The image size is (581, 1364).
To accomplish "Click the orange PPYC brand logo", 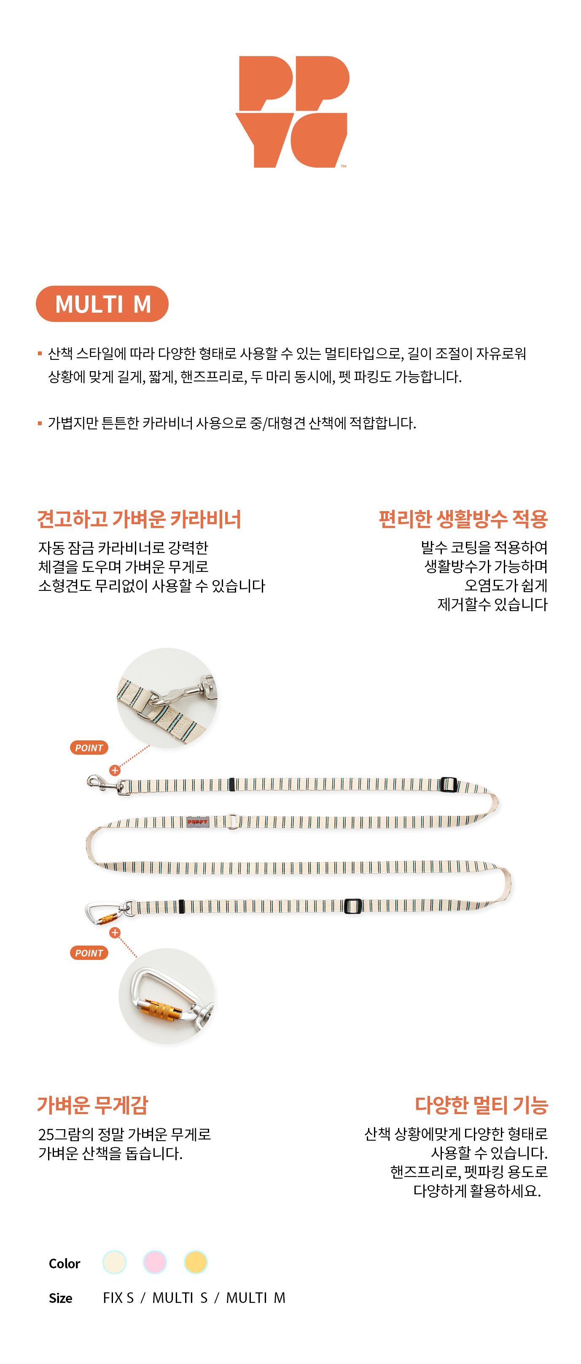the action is [x=292, y=112].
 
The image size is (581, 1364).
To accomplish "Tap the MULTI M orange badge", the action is [x=102, y=304].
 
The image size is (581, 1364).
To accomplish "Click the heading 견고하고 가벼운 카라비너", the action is [x=139, y=519].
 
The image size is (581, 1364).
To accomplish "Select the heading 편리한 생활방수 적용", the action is [x=463, y=519].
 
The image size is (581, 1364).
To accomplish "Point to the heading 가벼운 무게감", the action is [x=93, y=1105].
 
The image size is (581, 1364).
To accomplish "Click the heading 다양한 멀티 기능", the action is [x=481, y=1105].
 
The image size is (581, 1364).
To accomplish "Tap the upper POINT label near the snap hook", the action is [x=89, y=748].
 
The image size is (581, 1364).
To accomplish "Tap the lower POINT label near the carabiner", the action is [x=89, y=953].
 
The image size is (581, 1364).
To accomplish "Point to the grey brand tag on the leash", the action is [x=198, y=822].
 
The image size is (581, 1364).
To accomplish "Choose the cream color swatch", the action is [x=114, y=1262].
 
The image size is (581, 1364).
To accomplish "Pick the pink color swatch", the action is [x=155, y=1262].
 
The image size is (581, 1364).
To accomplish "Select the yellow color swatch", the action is [x=196, y=1262].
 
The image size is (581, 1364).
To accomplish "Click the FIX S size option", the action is [x=118, y=1298].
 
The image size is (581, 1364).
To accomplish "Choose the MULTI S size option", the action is [x=180, y=1298].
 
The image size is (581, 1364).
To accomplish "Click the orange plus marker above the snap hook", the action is [x=115, y=770].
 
